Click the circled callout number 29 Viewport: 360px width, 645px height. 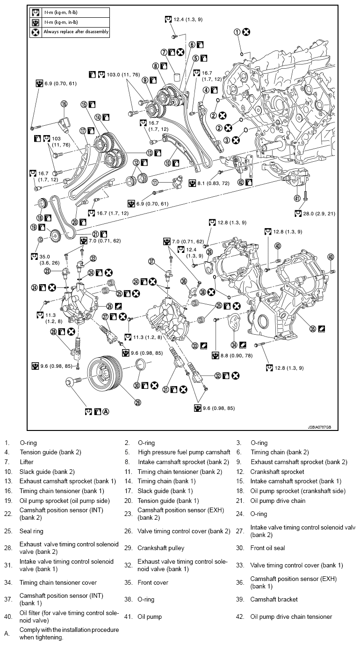click(138, 401)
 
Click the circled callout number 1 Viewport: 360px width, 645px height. click(237, 32)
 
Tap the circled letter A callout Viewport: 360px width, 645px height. click(106, 412)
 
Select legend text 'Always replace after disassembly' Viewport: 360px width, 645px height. click(76, 32)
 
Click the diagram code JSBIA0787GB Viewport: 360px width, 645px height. click(319, 427)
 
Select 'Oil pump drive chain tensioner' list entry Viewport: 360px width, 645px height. click(291, 616)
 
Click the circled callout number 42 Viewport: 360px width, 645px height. click(240, 182)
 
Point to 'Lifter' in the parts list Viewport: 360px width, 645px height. click(27, 462)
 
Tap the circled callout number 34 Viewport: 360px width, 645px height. click(233, 345)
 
